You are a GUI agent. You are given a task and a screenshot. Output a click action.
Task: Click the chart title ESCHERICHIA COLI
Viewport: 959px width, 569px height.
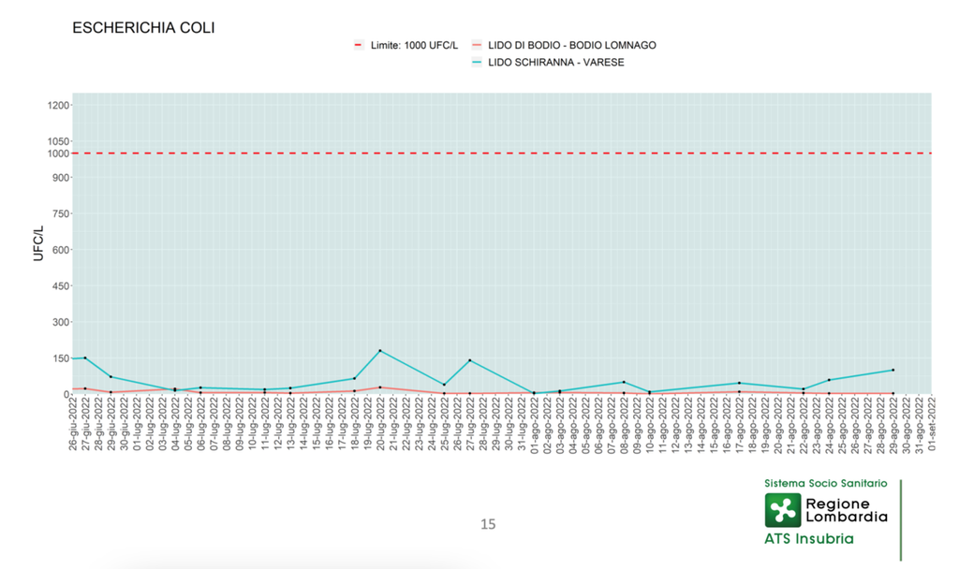(143, 28)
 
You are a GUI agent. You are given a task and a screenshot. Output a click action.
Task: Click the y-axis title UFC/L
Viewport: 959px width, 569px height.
(38, 242)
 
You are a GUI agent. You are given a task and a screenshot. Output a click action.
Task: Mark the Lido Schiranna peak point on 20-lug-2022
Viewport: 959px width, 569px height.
(379, 351)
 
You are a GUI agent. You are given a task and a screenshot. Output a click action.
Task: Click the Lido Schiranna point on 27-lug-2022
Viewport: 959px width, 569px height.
(469, 360)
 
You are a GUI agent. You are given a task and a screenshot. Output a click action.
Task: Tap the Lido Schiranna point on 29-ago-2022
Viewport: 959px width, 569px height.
(893, 370)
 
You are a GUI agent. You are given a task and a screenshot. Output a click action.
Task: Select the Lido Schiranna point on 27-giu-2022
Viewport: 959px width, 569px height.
(85, 357)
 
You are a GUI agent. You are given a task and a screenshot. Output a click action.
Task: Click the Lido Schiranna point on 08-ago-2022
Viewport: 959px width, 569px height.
(624, 382)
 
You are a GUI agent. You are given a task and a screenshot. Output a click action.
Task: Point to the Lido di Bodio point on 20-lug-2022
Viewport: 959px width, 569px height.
(379, 387)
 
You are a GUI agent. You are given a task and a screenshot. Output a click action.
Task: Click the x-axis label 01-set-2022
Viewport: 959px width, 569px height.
(932, 423)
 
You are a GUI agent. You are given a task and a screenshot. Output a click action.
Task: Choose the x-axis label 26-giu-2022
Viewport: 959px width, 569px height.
(73, 423)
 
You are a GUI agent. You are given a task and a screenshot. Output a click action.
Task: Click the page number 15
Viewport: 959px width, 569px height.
(487, 524)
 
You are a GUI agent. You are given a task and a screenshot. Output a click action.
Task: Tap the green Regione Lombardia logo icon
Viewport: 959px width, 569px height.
(784, 510)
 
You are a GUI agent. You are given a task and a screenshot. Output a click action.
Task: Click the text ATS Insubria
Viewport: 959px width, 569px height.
(809, 539)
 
